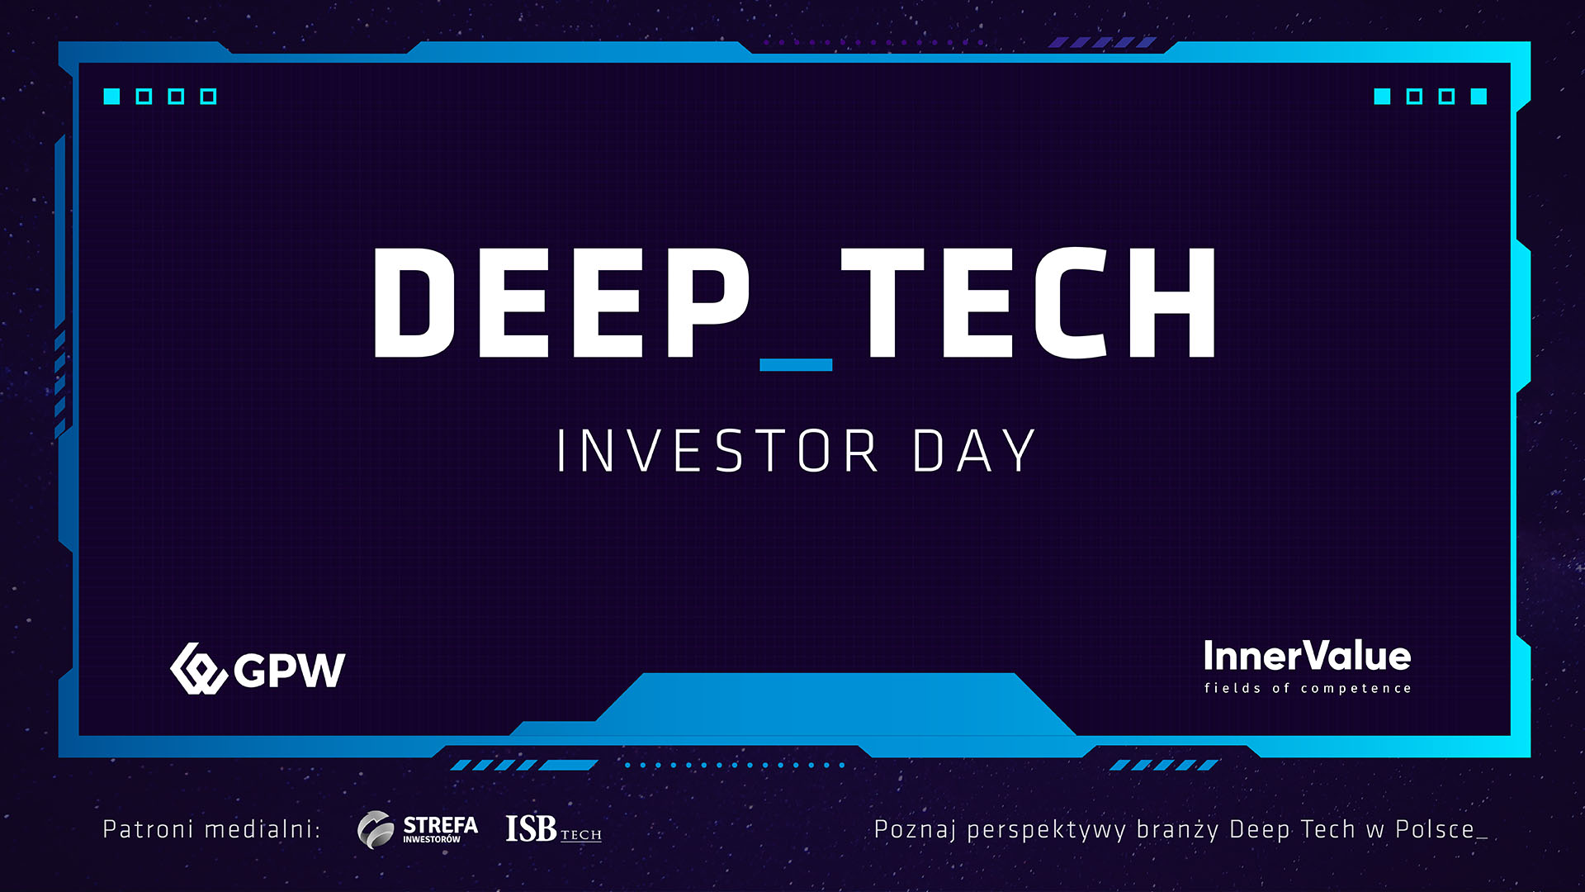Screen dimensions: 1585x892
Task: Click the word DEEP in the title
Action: tap(561, 302)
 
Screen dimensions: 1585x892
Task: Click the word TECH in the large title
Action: tap(1029, 302)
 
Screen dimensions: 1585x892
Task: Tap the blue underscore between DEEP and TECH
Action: tap(796, 365)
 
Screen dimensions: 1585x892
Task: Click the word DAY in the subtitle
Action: tap(974, 451)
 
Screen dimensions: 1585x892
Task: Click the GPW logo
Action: tap(258, 669)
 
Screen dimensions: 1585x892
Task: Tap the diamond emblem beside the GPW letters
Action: tap(198, 669)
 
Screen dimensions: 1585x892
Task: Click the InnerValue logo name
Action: tap(1308, 657)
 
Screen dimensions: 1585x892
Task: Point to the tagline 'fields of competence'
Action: tap(1308, 688)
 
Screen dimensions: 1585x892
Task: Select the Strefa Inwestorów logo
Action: tap(418, 829)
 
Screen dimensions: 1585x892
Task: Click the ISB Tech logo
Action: tap(554, 829)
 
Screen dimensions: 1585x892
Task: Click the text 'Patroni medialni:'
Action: tap(211, 829)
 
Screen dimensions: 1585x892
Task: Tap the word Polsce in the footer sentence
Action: tap(1435, 829)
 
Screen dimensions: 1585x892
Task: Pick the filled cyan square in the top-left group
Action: tap(111, 97)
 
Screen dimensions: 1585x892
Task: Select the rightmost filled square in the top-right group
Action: tap(1479, 97)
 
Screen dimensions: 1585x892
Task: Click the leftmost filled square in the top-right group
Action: tap(1382, 97)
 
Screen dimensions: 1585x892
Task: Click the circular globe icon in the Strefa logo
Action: tap(376, 829)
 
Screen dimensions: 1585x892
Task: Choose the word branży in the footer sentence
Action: tap(1178, 830)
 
